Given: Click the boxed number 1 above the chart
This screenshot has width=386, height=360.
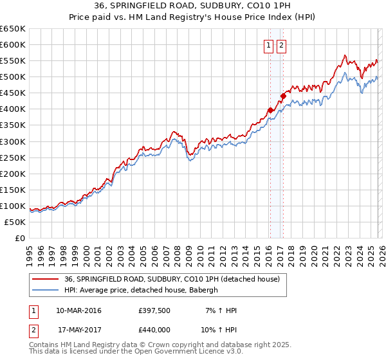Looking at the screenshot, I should pos(268,45).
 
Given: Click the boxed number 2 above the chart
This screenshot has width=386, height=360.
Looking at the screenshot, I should pos(282,45).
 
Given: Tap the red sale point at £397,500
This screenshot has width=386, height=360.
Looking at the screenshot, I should pos(270,110).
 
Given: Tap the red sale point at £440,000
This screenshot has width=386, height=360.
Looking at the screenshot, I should pos(283,96).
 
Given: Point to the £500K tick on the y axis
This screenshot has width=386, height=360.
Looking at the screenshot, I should pos(13,77).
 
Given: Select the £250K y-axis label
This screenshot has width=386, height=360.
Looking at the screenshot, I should pos(13,157).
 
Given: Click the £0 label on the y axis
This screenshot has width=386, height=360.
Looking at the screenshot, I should pos(19,238).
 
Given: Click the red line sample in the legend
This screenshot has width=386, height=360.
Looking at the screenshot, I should pos(46,280).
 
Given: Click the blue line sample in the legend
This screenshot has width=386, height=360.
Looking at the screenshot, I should pos(46,291).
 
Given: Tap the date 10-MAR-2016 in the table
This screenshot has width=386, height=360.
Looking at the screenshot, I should pos(78,310).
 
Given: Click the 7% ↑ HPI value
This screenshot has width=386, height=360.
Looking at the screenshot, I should pos(223,310).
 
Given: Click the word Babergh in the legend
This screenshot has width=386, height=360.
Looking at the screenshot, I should pos(204,291).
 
